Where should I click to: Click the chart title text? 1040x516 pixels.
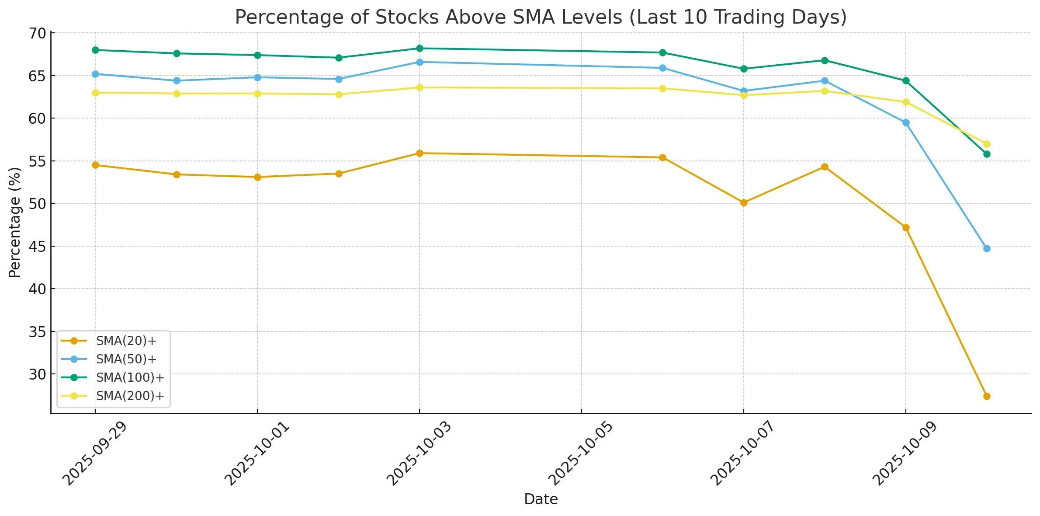pos(541,17)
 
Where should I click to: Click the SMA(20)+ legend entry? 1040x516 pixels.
pos(126,341)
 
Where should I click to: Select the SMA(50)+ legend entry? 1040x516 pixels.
pos(126,359)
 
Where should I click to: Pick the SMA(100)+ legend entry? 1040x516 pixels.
pos(130,378)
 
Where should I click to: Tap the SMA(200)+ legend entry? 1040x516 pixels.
pos(130,396)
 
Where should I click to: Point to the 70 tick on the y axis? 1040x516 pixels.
pos(37,33)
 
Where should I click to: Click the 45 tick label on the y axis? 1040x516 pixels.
pos(37,247)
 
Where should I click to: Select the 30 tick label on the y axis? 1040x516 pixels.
pos(37,374)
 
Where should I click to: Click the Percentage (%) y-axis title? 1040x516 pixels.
pos(15,222)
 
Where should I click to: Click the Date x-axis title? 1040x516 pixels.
pos(541,499)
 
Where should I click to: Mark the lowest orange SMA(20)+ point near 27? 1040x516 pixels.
pos(986,396)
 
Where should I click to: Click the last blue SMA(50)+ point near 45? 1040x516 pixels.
pos(986,248)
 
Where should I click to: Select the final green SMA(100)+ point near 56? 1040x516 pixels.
pos(986,154)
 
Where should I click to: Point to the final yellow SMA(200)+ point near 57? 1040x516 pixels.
pos(986,144)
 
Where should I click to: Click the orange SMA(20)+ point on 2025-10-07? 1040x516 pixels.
pos(744,202)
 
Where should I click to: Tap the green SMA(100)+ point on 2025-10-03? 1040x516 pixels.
pos(419,48)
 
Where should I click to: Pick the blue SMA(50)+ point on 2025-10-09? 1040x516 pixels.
pos(905,122)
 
